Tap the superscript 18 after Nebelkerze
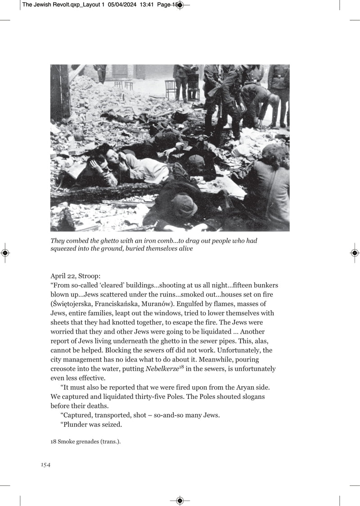(182, 367)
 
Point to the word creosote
(64, 369)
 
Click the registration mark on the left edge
(5, 253)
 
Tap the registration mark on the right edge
(355, 253)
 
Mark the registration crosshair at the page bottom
(180, 501)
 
